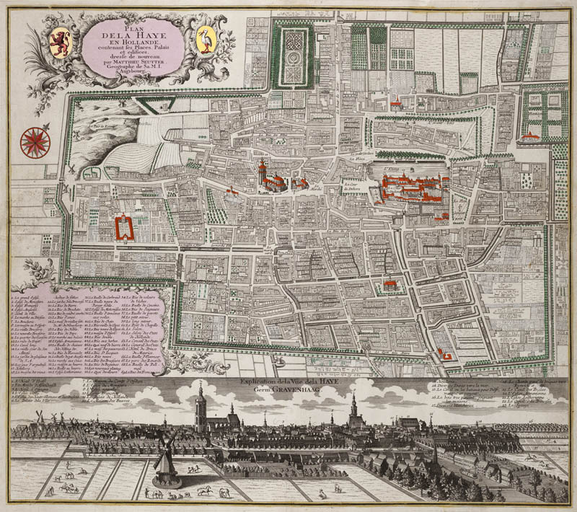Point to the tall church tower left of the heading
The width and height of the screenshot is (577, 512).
(x=201, y=404)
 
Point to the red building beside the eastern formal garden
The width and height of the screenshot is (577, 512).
(x=532, y=135)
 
